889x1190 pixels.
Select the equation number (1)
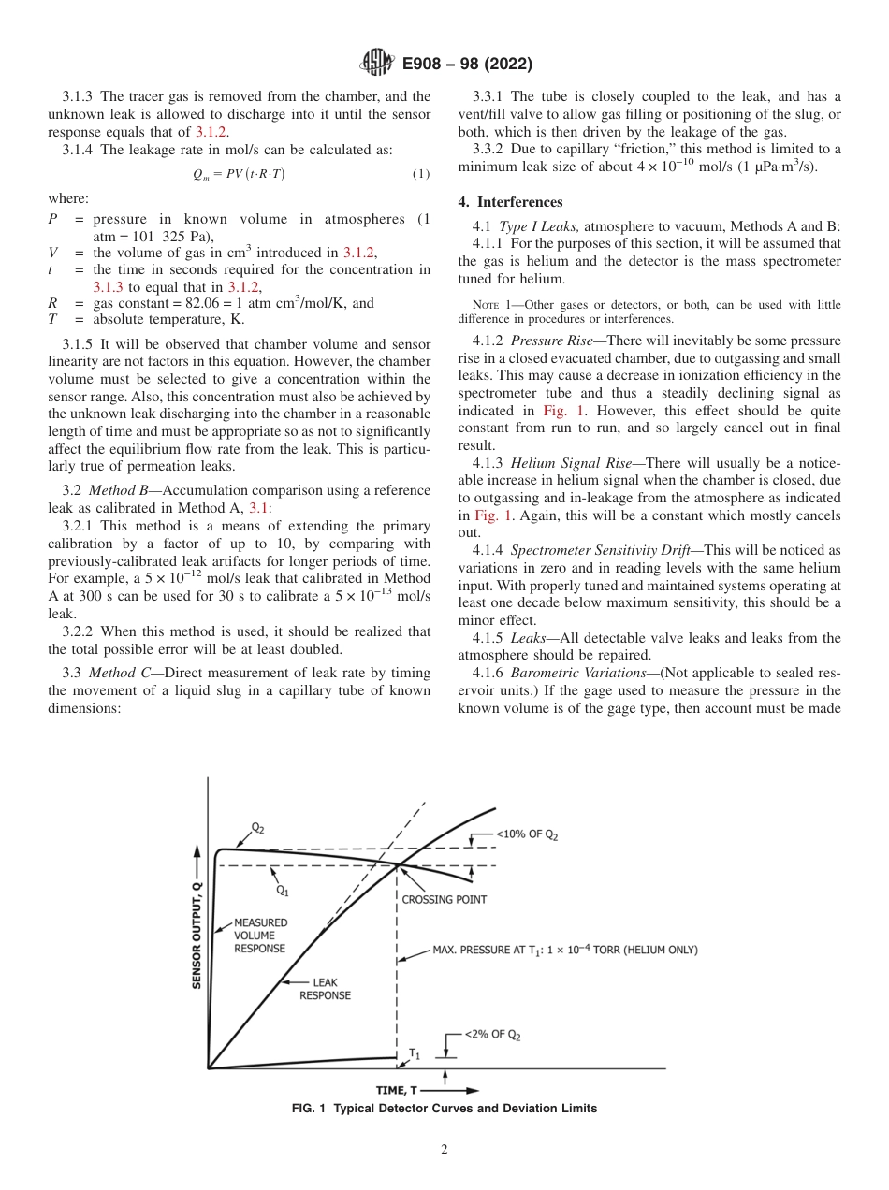[421, 174]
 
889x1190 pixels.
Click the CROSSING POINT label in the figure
[444, 899]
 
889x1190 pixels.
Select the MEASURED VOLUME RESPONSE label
[260, 935]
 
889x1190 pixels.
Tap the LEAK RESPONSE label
[325, 989]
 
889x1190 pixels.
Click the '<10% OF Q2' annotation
[526, 835]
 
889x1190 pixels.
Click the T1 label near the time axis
[415, 1053]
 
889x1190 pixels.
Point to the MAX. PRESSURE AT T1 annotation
[564, 950]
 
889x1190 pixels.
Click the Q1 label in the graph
[282, 891]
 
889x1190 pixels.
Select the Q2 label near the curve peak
[257, 828]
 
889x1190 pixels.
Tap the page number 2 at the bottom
[444, 1150]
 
